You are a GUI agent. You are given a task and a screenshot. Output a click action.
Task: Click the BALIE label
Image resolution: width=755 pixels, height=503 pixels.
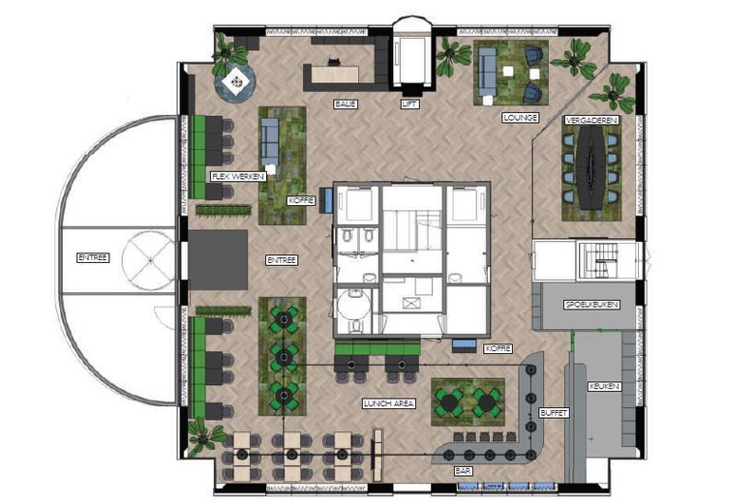pos(346,104)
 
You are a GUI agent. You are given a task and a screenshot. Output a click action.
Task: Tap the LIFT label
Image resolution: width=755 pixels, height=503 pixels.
pos(409,104)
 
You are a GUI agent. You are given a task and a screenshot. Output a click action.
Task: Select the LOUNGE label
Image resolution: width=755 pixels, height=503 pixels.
pos(520,117)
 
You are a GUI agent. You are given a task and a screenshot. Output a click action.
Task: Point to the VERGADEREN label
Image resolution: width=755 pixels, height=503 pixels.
pos(591,120)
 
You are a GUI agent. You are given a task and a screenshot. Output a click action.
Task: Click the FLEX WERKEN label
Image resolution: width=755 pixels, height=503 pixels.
pos(238,177)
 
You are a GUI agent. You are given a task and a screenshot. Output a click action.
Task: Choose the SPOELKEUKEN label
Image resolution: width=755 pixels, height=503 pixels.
pos(591,305)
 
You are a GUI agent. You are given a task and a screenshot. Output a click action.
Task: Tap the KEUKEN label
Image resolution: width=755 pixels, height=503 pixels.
pos(604,386)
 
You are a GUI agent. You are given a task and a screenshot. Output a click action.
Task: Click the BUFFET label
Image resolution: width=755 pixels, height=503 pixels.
pos(554,413)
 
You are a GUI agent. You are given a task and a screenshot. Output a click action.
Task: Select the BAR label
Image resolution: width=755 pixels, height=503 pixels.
pos(464,471)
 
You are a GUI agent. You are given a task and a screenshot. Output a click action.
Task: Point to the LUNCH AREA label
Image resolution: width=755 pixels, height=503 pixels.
pos(389,403)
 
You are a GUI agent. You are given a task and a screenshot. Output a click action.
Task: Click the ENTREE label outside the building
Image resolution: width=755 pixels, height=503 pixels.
pos(93,258)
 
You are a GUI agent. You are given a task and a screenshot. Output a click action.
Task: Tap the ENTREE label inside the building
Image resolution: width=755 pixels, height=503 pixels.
pos(282,260)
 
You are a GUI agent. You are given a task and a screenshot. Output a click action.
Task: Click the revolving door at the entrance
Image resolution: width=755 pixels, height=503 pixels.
pos(149,260)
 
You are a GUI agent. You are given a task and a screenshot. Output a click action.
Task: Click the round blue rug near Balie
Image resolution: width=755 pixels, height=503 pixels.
pos(234,83)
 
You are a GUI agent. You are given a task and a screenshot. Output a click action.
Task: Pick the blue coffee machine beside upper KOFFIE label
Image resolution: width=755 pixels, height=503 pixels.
pos(328,200)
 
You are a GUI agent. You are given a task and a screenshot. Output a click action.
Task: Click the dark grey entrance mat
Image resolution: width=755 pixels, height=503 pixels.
pos(218,260)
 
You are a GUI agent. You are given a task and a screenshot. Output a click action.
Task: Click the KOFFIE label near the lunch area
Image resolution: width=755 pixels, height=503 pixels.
pos(498,348)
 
